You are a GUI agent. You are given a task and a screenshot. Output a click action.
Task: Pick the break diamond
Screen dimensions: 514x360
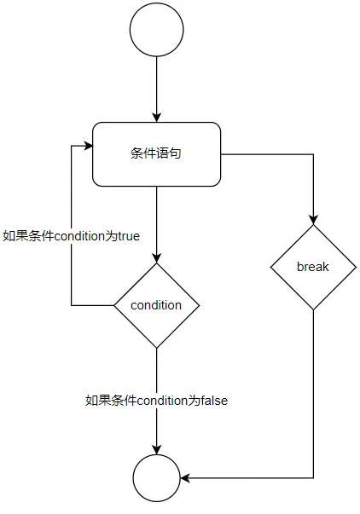(x=313, y=267)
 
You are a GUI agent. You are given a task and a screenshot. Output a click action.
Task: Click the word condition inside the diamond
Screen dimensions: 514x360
(x=157, y=305)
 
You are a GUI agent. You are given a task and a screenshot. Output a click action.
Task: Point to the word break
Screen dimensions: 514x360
(x=313, y=267)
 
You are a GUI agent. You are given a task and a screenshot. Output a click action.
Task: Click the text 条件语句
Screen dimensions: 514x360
(x=157, y=154)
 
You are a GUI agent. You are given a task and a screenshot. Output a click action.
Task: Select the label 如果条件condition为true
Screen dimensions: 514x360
(x=71, y=236)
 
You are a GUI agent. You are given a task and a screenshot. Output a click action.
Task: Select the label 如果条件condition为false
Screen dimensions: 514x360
(x=157, y=399)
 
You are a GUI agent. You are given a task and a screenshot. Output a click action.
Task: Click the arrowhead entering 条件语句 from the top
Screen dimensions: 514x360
(x=157, y=118)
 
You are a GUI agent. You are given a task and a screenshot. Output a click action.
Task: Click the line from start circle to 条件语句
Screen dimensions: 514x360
(x=157, y=85)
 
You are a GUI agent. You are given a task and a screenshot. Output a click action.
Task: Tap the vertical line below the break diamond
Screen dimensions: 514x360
(x=313, y=392)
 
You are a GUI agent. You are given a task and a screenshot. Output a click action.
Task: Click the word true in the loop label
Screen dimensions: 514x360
(x=127, y=236)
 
